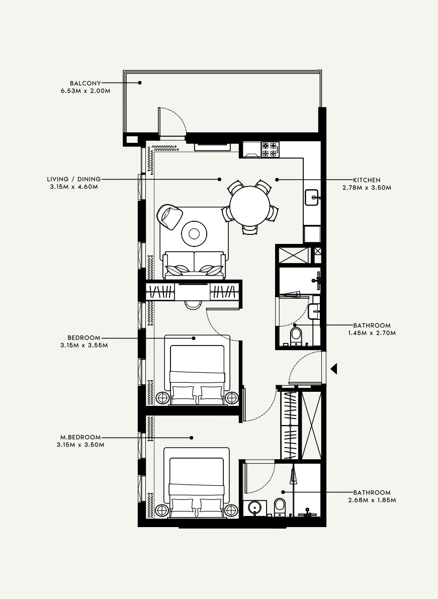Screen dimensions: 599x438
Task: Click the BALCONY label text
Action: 85,83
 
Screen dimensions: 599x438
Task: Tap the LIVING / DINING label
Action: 73,179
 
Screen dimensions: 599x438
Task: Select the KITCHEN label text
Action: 367,180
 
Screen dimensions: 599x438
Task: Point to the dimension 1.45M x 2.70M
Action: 372,333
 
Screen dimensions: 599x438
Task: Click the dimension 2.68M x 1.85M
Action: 372,500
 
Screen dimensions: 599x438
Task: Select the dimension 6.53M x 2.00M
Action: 84,91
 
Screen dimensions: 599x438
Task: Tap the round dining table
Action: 249,206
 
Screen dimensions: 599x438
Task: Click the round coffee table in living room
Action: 195,233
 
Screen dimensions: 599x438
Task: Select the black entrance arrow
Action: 333,369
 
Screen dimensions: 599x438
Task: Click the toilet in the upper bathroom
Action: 296,335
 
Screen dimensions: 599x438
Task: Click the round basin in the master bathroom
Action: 255,507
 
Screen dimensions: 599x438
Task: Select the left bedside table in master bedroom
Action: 162,510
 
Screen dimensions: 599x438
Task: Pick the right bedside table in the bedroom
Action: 232,398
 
